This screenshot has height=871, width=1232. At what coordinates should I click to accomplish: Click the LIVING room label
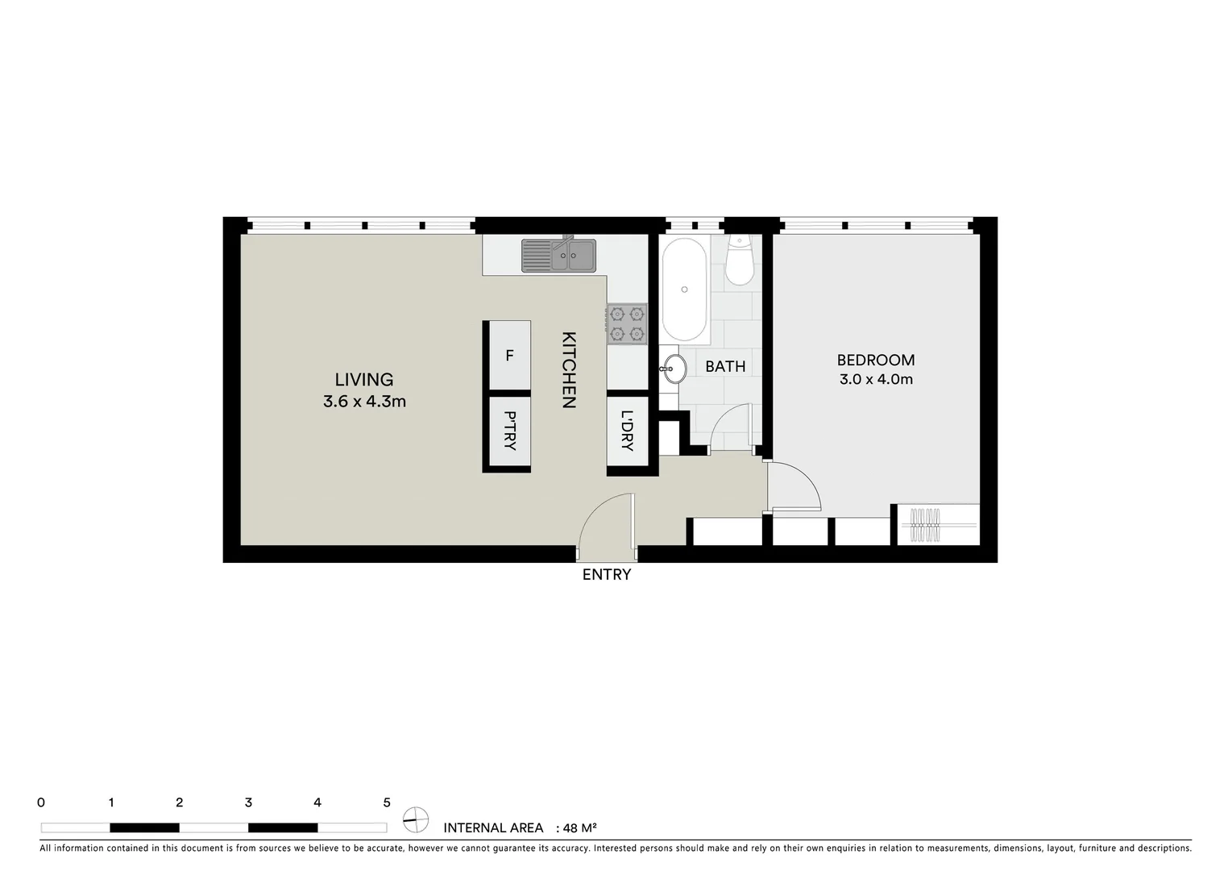[x=364, y=379]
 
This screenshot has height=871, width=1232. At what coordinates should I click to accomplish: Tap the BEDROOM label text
[x=876, y=360]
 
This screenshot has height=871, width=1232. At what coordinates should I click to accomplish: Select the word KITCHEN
[x=568, y=370]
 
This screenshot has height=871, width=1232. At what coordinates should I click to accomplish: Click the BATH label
[x=725, y=366]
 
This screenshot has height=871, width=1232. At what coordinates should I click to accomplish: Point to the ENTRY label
[x=607, y=574]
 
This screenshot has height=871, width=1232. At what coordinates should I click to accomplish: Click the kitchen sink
[x=558, y=256]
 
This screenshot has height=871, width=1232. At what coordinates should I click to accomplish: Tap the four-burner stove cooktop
[x=628, y=323]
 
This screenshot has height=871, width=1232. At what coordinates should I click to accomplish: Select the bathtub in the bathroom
[x=685, y=290]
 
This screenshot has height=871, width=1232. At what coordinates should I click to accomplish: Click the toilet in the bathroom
[x=739, y=260]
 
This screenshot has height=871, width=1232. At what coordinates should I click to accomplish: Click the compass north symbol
[x=416, y=819]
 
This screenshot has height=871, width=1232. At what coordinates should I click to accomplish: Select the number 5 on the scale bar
[x=387, y=802]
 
